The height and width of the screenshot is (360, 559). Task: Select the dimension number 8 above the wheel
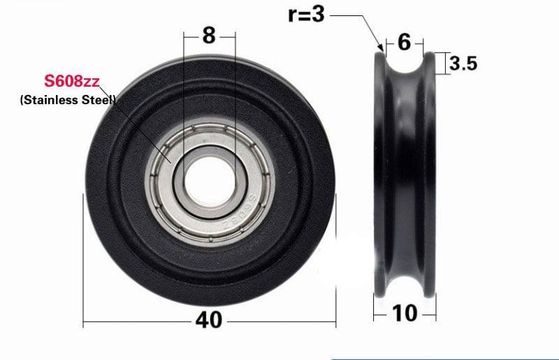(x=209, y=36)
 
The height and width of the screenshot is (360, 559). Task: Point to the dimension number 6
(x=405, y=43)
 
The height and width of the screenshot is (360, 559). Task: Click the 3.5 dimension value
(x=463, y=64)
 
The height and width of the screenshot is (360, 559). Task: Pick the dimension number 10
(x=405, y=312)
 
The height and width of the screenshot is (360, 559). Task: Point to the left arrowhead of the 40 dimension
(x=86, y=322)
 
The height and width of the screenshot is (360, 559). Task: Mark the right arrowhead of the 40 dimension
(x=334, y=322)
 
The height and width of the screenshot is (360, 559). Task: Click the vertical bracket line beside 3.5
(x=444, y=63)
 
